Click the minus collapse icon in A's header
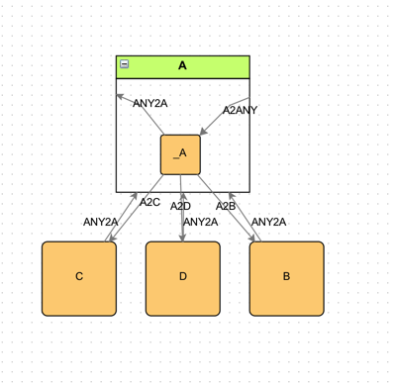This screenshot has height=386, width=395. [125, 64]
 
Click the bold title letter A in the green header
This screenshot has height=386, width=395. [182, 65]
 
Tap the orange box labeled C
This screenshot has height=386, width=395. [79, 277]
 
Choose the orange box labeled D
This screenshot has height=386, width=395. [182, 277]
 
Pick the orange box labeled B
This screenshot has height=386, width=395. [286, 277]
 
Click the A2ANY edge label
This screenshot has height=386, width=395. [240, 110]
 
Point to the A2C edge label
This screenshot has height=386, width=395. [149, 202]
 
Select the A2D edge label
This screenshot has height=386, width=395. [179, 206]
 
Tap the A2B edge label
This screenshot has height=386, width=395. [226, 206]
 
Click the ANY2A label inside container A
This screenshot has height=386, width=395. [149, 103]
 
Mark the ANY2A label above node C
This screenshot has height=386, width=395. [100, 222]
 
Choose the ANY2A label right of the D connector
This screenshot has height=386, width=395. [201, 222]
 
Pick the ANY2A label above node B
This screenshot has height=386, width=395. [268, 222]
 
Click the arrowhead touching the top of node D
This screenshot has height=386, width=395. [182, 237]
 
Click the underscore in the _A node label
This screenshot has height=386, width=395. [175, 158]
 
